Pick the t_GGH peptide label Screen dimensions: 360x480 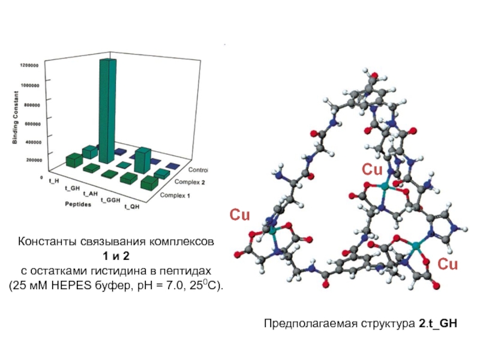coord(110,200)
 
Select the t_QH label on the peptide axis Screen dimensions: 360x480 coord(132,207)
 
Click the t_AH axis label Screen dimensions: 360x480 coord(90,193)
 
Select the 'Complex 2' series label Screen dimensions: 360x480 coord(190,182)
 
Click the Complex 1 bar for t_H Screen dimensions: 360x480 coord(74,160)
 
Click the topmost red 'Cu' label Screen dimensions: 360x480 coord(372,170)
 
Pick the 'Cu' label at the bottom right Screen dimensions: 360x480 coord(447,264)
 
